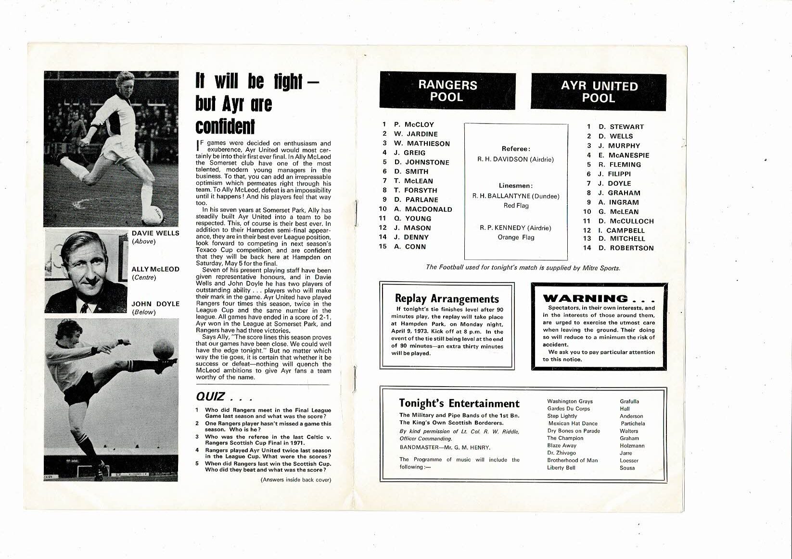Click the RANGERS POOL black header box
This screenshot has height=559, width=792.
(447, 91)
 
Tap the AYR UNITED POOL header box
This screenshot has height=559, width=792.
(599, 92)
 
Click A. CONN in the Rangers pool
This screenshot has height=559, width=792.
(409, 247)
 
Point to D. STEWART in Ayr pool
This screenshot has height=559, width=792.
(621, 127)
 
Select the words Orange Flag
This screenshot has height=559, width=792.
(515, 237)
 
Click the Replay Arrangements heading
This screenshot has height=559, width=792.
(447, 299)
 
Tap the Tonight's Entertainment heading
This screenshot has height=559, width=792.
(460, 403)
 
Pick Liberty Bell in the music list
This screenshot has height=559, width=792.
(561, 468)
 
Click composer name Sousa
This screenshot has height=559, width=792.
(627, 468)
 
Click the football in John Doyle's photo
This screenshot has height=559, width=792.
(163, 348)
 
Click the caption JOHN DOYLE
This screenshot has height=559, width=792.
(155, 304)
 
